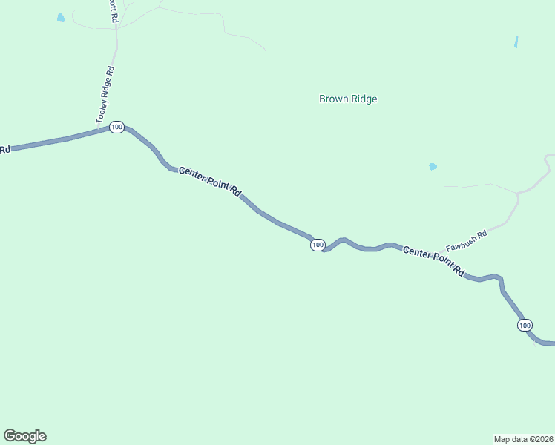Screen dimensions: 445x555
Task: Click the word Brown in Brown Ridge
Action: click(x=333, y=99)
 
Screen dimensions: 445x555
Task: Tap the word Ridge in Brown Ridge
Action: click(x=364, y=99)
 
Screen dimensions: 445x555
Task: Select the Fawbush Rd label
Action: click(x=466, y=240)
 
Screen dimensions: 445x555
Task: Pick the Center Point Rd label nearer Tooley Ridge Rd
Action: click(x=210, y=182)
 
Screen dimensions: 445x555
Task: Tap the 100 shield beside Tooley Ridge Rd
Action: click(x=116, y=128)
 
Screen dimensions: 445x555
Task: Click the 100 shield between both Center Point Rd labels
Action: click(x=318, y=245)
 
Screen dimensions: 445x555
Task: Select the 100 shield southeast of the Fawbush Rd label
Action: click(x=525, y=326)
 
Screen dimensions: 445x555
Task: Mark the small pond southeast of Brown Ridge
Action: click(x=433, y=167)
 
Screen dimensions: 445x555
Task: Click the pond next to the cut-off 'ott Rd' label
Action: click(x=61, y=17)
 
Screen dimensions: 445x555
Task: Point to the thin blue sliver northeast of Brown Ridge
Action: click(x=516, y=42)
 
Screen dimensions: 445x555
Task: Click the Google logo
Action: click(x=24, y=436)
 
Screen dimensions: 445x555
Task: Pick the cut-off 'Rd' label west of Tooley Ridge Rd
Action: click(x=4, y=150)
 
